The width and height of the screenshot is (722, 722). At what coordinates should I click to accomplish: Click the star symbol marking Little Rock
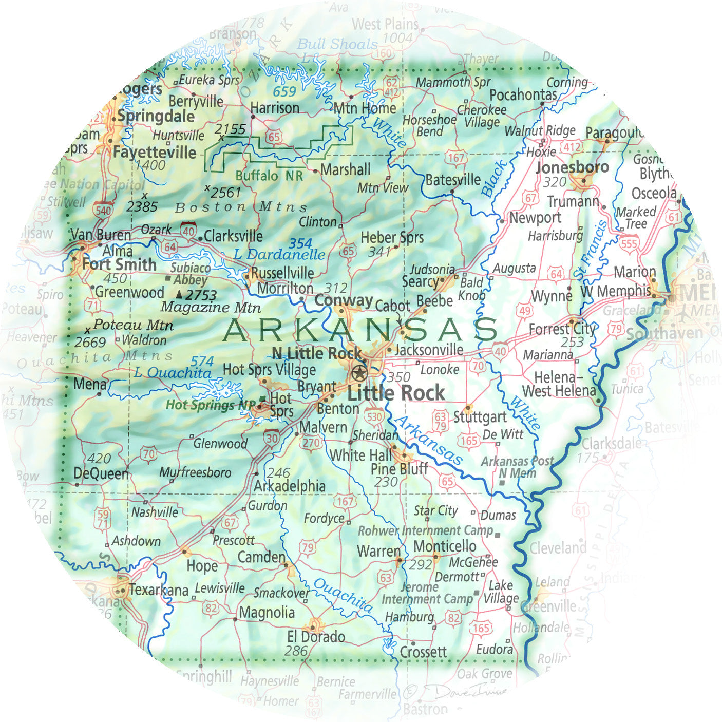pyautogui.click(x=359, y=372)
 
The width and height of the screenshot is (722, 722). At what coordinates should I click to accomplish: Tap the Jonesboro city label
pyautogui.click(x=572, y=167)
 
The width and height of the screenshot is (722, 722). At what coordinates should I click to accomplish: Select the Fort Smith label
pyautogui.click(x=119, y=264)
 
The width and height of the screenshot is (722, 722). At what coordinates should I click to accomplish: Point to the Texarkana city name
pyautogui.click(x=158, y=590)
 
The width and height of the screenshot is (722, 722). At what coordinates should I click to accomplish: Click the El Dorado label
pyautogui.click(x=316, y=637)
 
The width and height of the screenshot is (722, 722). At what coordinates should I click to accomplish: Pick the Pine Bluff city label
pyautogui.click(x=399, y=469)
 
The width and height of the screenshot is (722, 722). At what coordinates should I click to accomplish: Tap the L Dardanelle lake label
pyautogui.click(x=279, y=254)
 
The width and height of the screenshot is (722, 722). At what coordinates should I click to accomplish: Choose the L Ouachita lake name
pyautogui.click(x=173, y=373)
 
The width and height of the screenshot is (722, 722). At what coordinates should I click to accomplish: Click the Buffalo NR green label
pyautogui.click(x=269, y=176)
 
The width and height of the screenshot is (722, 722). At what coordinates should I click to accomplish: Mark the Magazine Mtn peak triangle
pyautogui.click(x=179, y=295)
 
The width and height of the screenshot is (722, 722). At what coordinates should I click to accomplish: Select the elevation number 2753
pyautogui.click(x=201, y=295)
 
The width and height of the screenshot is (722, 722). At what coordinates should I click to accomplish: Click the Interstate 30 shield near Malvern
pyautogui.click(x=272, y=438)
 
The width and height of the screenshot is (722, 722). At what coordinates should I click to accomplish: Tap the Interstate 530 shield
pyautogui.click(x=374, y=416)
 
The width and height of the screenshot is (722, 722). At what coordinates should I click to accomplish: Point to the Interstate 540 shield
pyautogui.click(x=103, y=210)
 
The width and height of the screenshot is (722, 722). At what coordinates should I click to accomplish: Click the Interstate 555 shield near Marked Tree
pyautogui.click(x=629, y=243)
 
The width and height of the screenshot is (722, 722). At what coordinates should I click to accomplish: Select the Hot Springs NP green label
pyautogui.click(x=210, y=405)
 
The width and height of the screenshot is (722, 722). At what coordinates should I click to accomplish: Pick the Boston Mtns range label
pyautogui.click(x=241, y=207)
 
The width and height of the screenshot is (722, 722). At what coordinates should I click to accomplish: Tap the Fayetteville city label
pyautogui.click(x=155, y=153)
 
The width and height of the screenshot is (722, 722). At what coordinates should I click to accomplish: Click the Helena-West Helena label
pyautogui.click(x=559, y=384)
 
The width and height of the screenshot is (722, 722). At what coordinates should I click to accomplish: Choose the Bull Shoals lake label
pyautogui.click(x=337, y=44)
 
